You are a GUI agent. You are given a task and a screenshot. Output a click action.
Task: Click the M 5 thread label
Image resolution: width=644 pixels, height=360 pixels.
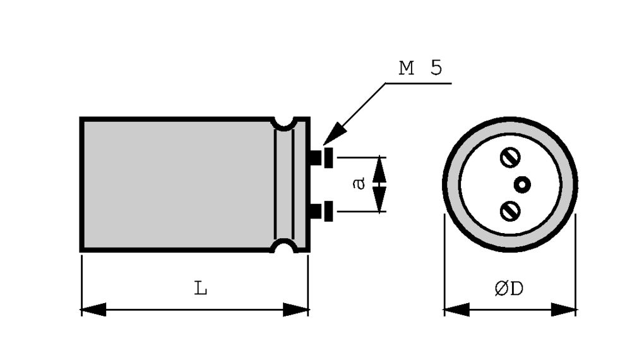[420, 68]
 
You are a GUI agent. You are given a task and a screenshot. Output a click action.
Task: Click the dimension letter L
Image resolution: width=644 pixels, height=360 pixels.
[201, 289]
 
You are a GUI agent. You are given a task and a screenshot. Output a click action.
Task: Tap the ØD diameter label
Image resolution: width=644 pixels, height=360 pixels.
[509, 289]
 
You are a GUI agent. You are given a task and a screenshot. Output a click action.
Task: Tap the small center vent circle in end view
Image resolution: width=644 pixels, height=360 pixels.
[522, 184]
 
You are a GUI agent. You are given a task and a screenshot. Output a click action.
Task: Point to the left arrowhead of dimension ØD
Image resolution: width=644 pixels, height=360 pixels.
[456, 309]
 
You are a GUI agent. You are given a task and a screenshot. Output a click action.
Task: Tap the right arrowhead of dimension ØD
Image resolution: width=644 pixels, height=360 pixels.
[564, 309]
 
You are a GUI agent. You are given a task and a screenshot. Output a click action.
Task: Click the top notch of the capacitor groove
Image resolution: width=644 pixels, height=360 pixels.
[284, 123]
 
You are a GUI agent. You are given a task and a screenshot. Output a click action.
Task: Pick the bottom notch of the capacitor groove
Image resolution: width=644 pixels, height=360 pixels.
[284, 246]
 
